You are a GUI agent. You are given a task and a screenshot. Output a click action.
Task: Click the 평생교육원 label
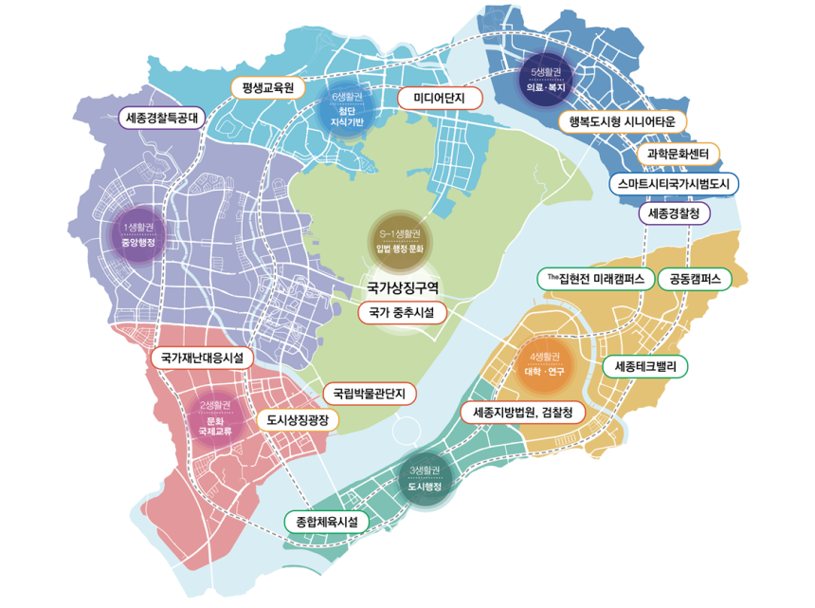coord(269,88)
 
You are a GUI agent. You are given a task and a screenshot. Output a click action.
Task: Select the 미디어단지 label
coord(440,98)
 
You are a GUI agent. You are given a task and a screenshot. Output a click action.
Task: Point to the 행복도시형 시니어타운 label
coord(621,121)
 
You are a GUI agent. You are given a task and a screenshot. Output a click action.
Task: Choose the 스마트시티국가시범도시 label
coord(674,183)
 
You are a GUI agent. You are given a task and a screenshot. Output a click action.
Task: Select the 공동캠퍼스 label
coord(695,279)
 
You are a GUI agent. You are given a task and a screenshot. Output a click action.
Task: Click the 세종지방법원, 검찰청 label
coord(523,413)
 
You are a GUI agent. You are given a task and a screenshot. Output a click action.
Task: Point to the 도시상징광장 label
coord(297,419)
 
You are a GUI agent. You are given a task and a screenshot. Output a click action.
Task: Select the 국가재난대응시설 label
coord(201,359)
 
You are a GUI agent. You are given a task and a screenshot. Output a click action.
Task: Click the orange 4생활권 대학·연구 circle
coord(544,363)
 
